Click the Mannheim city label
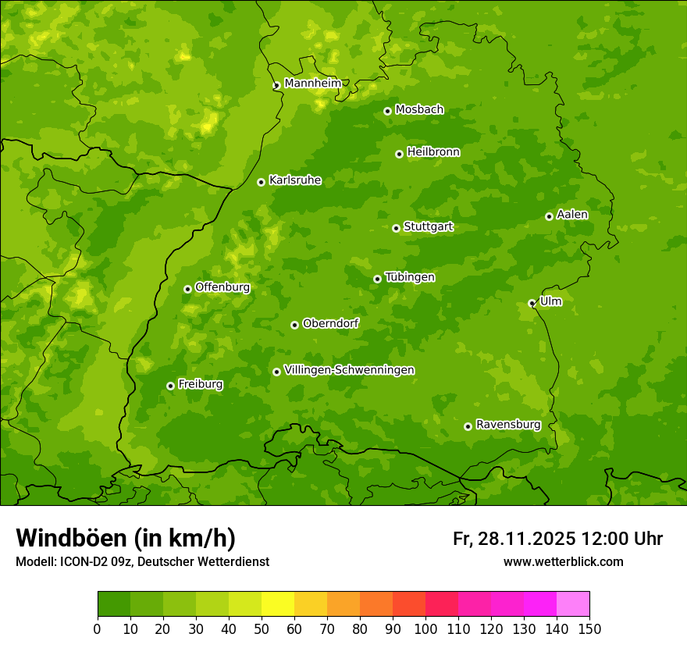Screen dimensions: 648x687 point(312,84)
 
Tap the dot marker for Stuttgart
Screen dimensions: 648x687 point(396,228)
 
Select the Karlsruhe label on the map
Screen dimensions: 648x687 point(295,180)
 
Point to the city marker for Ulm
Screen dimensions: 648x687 point(532,303)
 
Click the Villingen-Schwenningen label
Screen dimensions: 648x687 point(350,370)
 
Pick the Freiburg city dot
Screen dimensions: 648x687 point(170,386)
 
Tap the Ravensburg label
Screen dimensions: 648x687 point(508,425)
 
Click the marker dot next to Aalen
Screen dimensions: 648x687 point(549,216)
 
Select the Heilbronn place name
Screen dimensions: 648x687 point(433,152)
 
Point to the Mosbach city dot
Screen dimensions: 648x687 point(387,111)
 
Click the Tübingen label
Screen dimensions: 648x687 point(410,277)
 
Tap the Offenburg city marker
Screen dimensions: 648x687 point(187,289)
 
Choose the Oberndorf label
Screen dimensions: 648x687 point(331,323)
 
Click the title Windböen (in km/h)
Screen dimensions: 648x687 point(126,538)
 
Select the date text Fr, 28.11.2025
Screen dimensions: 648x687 point(514,539)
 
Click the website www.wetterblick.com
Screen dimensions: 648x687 point(563,561)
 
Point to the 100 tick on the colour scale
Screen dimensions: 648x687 point(425,628)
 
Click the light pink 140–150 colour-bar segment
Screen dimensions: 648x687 point(573,604)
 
